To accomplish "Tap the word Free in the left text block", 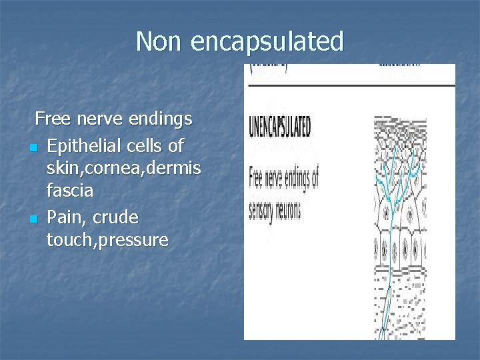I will [x=54, y=119].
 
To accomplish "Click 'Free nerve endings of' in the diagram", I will [x=283, y=179].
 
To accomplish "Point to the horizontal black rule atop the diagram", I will [x=350, y=85].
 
